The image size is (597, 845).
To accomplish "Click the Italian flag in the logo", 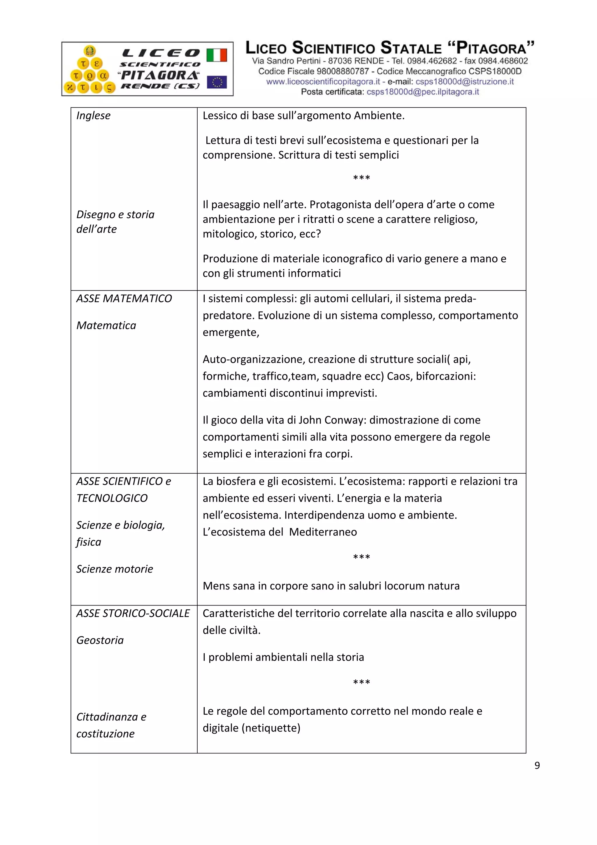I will coord(216,55).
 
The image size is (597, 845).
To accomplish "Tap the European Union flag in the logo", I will coord(217,82).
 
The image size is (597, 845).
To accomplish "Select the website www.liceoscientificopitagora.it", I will coord(323,82).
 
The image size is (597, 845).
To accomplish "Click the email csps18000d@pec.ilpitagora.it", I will coord(423,92).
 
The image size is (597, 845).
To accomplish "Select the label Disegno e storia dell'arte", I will coord(115,222).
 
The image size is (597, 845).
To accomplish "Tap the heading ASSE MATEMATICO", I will coord(124,298).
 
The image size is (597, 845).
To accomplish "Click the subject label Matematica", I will coord(106,325).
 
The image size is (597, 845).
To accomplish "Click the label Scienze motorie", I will coord(114,569).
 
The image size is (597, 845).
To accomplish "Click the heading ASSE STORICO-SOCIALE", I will coord(133,613).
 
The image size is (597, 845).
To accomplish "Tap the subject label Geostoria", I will coord(100,640).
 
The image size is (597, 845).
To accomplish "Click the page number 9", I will coord(537,765).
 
